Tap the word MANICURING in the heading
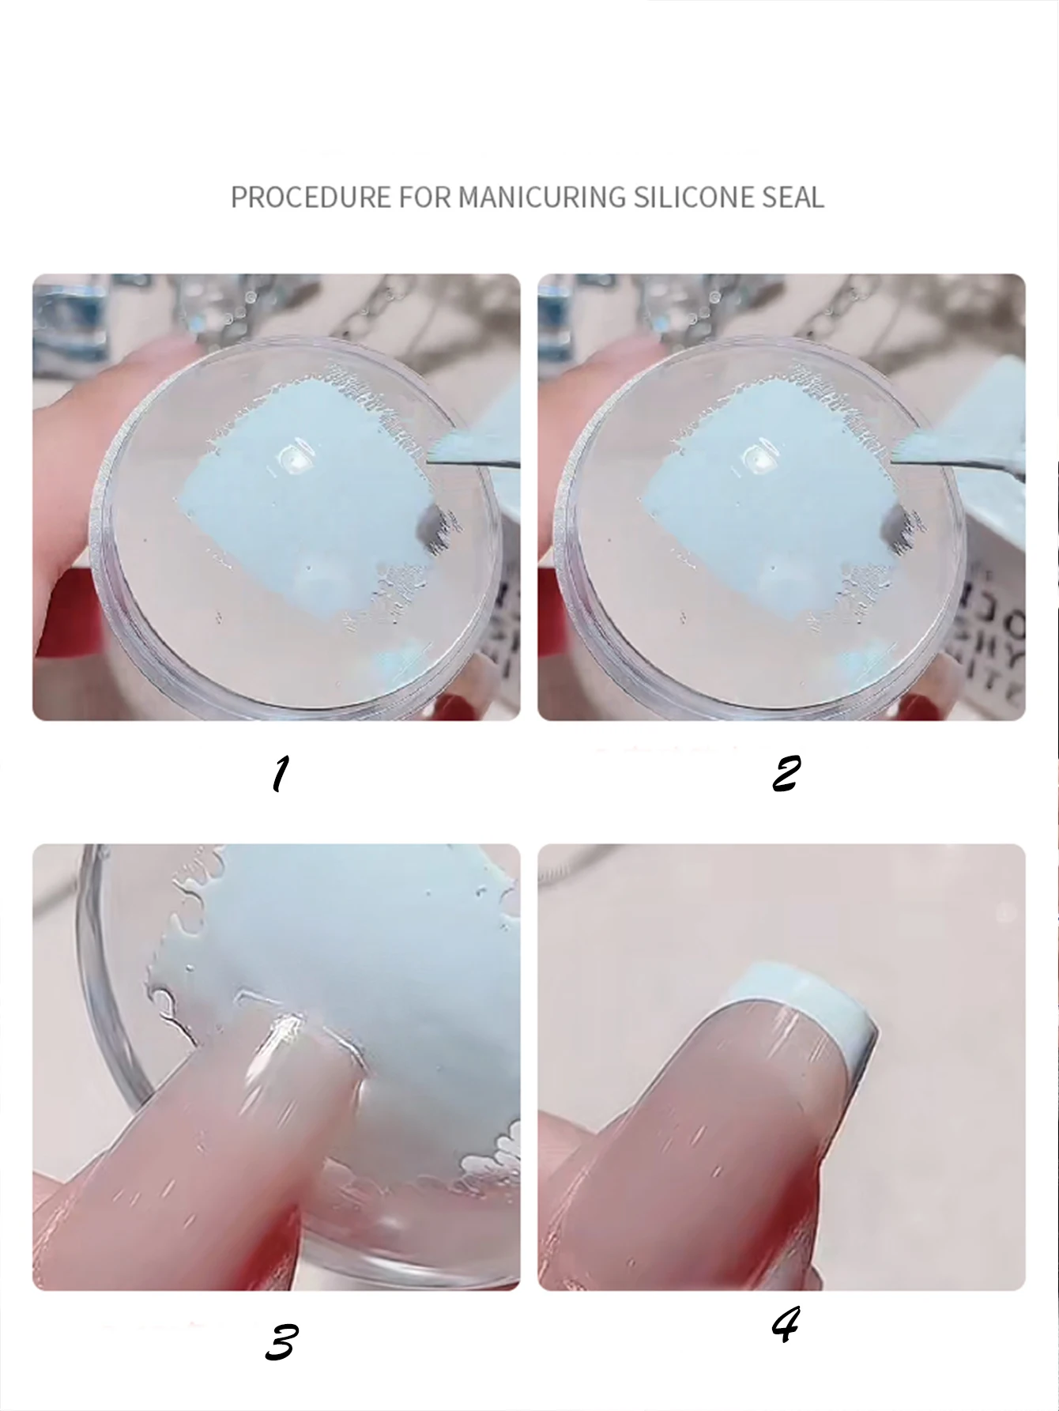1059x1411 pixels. coord(542,197)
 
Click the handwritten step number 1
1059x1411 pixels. coord(280,774)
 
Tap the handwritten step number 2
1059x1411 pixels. coord(786,773)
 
